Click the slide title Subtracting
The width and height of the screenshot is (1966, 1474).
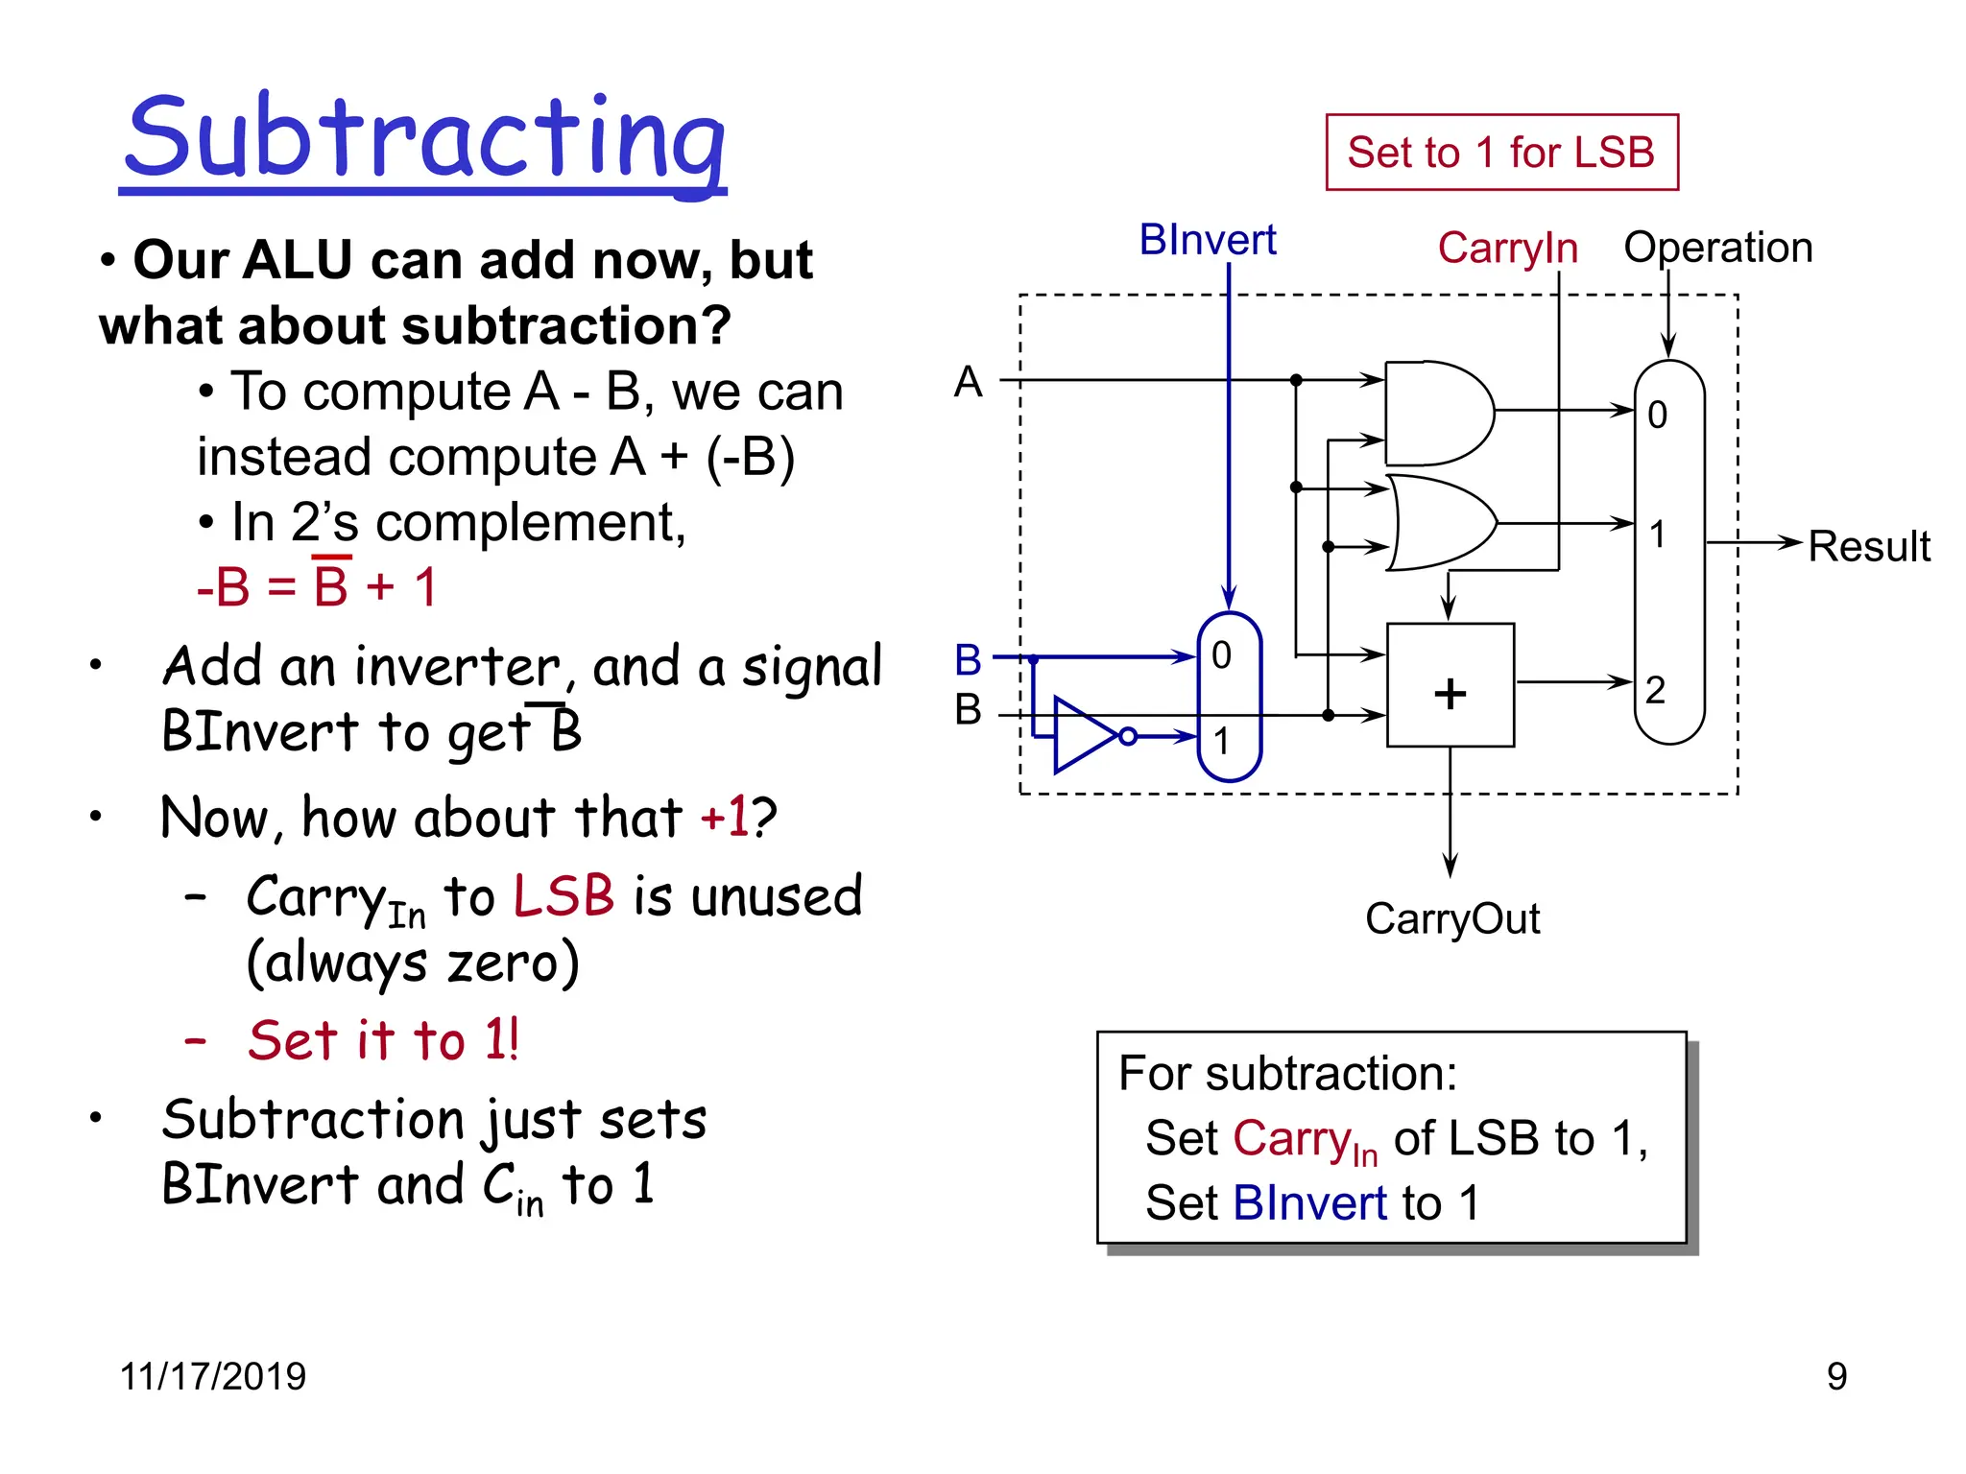[424, 139]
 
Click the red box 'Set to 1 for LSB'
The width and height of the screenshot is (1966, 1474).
[1501, 153]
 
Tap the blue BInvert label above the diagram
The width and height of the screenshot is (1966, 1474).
[1207, 240]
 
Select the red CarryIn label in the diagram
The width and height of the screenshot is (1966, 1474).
[1507, 248]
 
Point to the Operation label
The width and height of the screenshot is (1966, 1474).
[1717, 248]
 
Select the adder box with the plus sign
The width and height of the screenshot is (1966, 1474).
[1450, 685]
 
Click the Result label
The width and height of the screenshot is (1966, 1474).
[1868, 547]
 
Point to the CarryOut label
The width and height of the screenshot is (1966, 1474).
[1451, 918]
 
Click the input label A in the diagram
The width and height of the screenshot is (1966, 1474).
[968, 382]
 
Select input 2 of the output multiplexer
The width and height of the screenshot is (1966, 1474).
[1656, 690]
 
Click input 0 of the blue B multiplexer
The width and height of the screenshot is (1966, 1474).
[1221, 655]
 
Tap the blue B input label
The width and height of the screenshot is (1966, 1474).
[968, 660]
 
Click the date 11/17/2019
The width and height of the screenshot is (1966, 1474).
[212, 1376]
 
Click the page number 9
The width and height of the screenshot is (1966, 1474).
[1835, 1376]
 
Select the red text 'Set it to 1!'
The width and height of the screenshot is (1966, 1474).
[383, 1040]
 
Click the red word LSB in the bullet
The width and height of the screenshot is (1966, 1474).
[563, 896]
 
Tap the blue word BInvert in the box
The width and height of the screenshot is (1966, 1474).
[1309, 1203]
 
